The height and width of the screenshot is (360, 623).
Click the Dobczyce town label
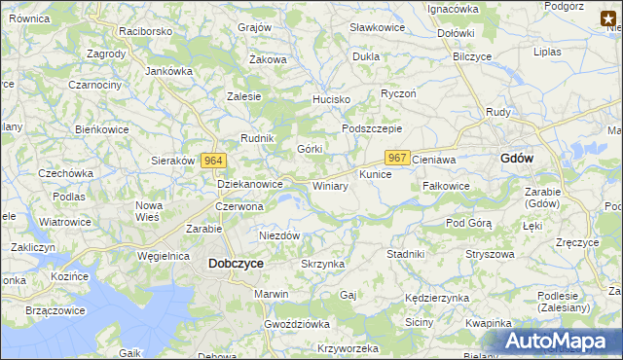click(236, 263)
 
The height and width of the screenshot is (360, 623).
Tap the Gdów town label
click(515, 158)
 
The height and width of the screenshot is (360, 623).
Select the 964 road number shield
click(215, 161)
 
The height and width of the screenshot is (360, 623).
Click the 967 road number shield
click(397, 158)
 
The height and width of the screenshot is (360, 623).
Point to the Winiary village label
click(330, 186)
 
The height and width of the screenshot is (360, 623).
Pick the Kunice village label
click(375, 174)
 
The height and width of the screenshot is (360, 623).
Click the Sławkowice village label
click(376, 27)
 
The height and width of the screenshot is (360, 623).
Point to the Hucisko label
click(330, 99)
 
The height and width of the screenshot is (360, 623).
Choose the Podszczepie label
click(372, 128)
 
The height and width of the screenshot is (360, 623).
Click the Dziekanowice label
click(249, 183)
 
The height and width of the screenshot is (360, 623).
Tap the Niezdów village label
click(279, 235)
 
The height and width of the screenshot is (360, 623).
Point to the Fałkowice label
click(447, 185)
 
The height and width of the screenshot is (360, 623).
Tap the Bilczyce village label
click(472, 56)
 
